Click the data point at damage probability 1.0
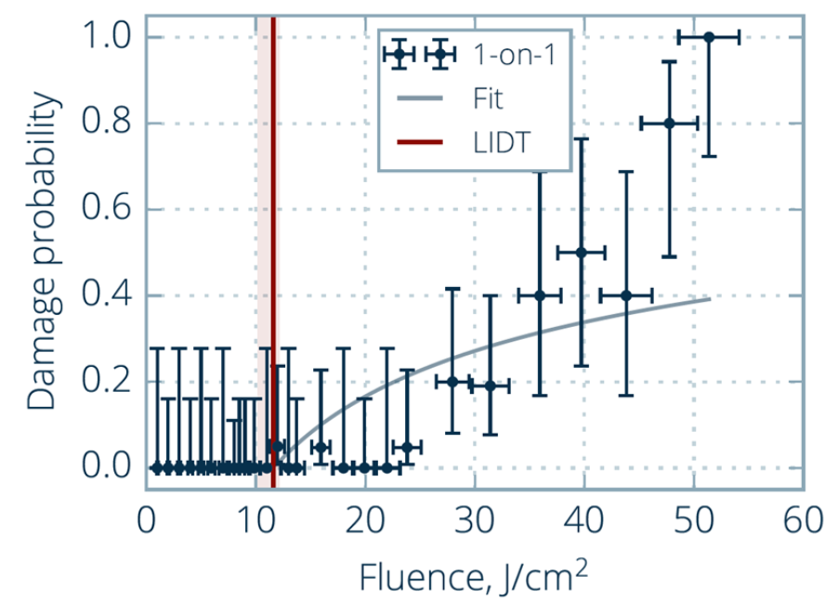click(x=709, y=37)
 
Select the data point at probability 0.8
click(x=668, y=124)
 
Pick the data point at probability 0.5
click(x=581, y=252)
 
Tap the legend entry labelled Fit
click(x=488, y=97)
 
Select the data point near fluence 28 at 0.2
click(x=452, y=382)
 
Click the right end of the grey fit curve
click(x=710, y=298)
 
